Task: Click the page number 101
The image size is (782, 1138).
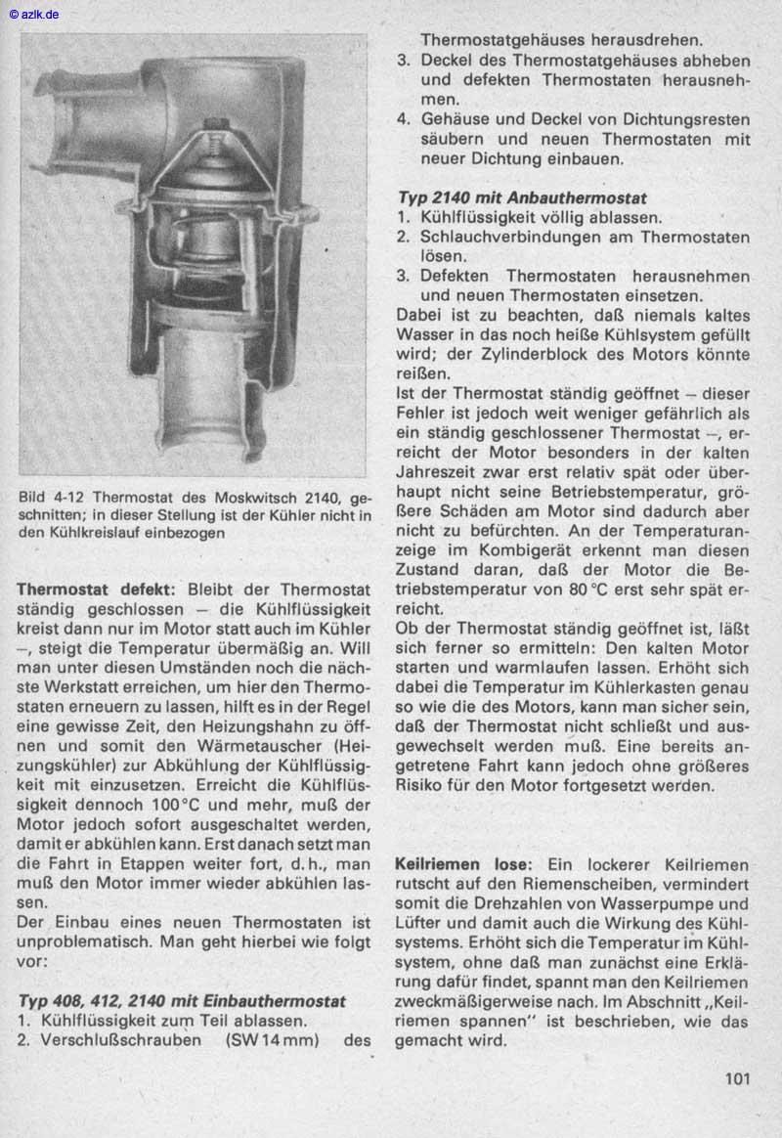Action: tap(737, 1079)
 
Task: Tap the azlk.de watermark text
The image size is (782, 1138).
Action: tap(34, 14)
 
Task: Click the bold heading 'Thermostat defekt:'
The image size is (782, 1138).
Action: tap(96, 590)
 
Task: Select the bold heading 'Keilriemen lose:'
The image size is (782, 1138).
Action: tap(463, 865)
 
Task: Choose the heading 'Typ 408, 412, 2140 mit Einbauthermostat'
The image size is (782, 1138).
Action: tap(182, 1001)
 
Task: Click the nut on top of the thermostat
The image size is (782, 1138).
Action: tap(213, 125)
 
